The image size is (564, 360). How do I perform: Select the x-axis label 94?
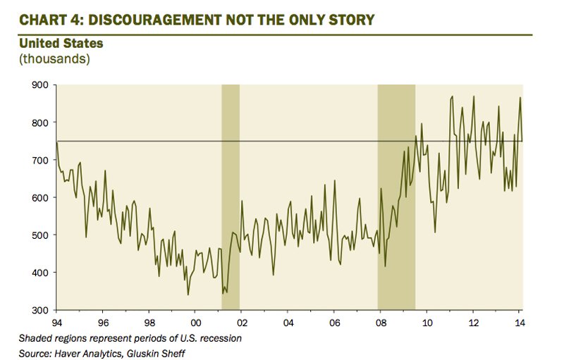point(56,323)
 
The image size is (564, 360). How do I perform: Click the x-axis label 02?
point(242,323)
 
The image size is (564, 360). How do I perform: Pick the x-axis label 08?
point(381,323)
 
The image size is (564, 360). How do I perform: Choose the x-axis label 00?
point(195,323)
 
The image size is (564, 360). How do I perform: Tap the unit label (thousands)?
point(54,58)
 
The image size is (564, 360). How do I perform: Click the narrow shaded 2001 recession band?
point(231,197)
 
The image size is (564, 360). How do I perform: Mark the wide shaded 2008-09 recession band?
point(396,197)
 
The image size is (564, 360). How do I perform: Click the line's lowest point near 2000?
point(188,294)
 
